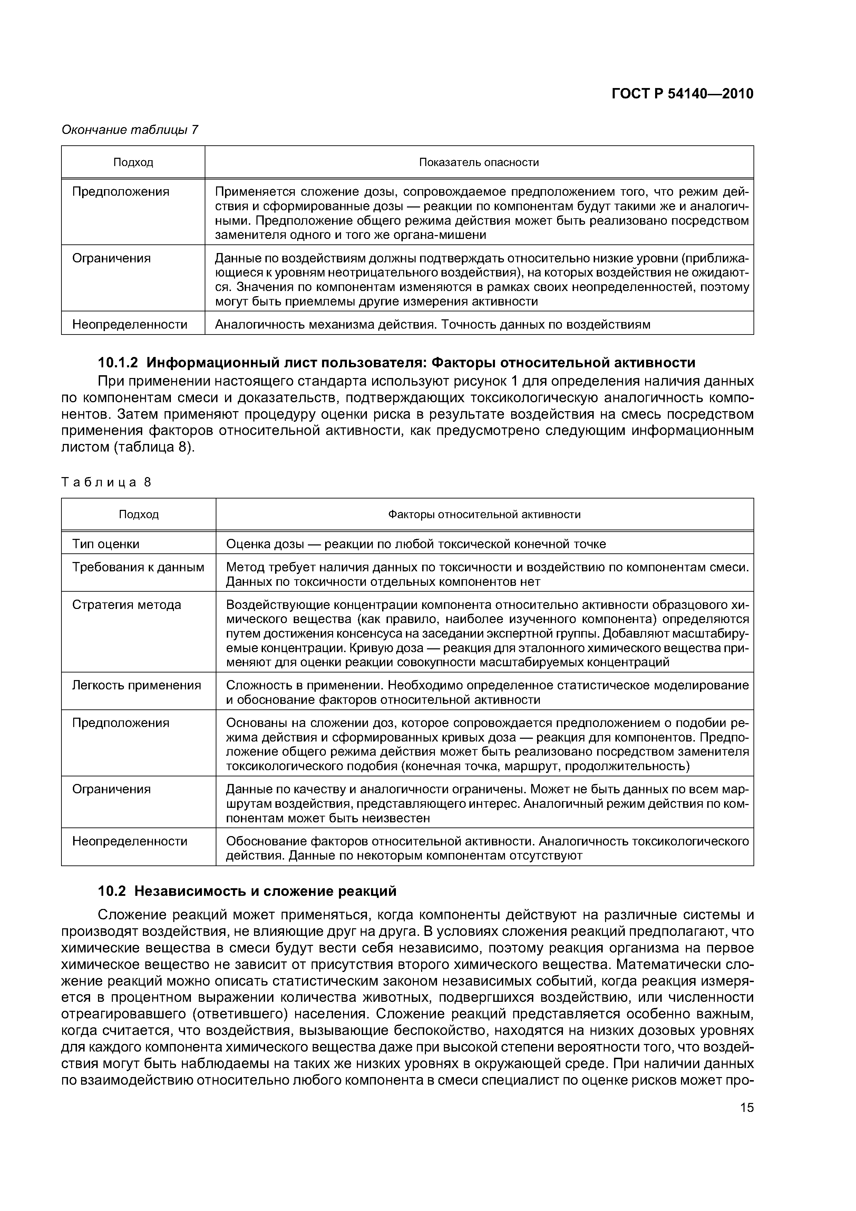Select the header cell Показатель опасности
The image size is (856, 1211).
(x=478, y=163)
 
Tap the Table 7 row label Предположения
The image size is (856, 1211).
(x=121, y=192)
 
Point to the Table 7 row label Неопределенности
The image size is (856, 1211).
(x=130, y=324)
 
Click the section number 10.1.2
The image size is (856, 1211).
(x=118, y=363)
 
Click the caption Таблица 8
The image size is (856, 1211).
(x=106, y=482)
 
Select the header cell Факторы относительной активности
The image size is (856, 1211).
(x=484, y=514)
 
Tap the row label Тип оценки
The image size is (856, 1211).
(x=106, y=544)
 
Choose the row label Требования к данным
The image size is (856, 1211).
(x=138, y=567)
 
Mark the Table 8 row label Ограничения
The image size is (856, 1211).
(x=111, y=789)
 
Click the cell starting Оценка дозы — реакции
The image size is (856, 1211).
(x=416, y=544)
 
